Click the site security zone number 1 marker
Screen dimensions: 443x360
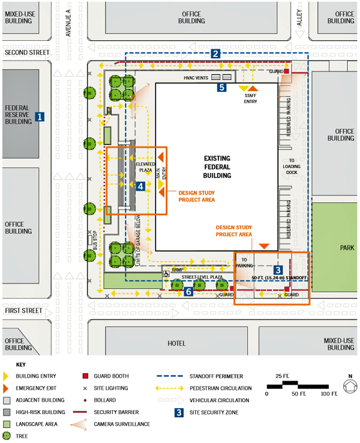[x=40, y=117]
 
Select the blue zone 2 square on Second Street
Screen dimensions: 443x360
[x=215, y=53]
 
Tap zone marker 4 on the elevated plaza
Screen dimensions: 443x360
[x=140, y=187]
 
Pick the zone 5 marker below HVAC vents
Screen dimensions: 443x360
[x=221, y=88]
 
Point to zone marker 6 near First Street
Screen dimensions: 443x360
[x=188, y=291]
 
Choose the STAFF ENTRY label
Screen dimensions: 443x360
[x=251, y=98]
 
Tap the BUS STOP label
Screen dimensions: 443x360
[x=95, y=240]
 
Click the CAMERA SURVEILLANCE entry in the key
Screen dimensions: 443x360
[x=122, y=424]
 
